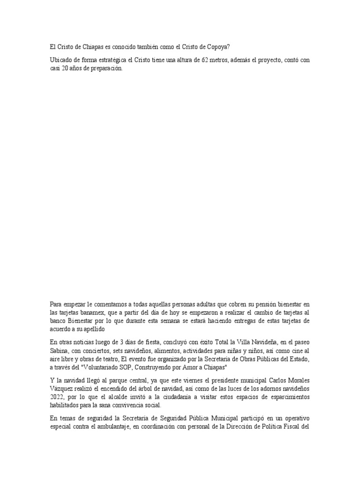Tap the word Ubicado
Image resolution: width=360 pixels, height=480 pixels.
tap(61, 60)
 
